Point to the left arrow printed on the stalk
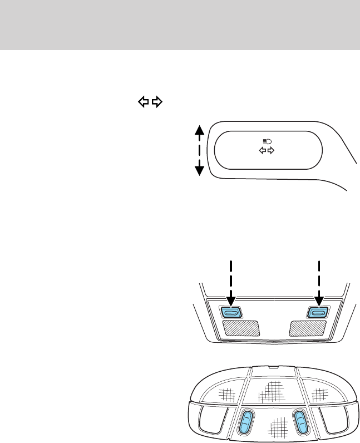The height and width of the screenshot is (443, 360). (263, 151)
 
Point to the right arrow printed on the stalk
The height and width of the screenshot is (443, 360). (272, 151)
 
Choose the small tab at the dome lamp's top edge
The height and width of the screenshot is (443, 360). (272, 368)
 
